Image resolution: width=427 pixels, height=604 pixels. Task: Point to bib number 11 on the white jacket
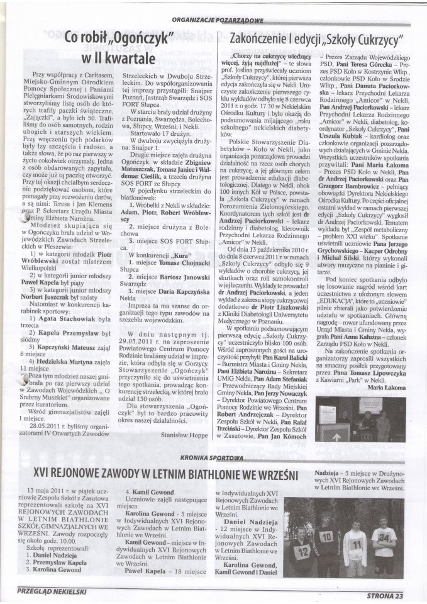356,542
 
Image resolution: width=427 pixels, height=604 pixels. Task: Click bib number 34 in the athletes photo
384,535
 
